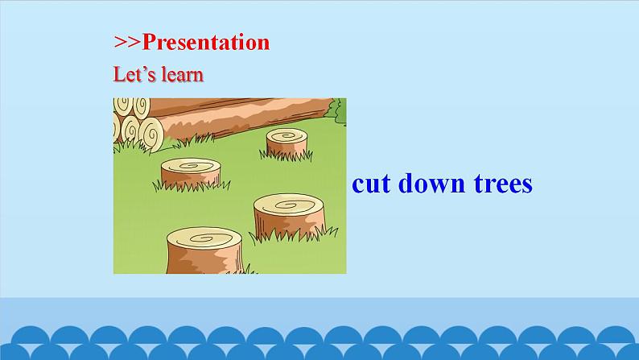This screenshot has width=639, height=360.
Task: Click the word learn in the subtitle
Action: click(x=181, y=75)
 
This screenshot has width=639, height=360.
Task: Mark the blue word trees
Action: click(x=503, y=184)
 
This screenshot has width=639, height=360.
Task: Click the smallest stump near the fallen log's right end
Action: click(x=287, y=143)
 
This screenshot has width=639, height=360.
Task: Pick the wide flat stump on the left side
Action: click(x=190, y=172)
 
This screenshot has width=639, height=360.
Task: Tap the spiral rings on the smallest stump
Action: click(x=287, y=134)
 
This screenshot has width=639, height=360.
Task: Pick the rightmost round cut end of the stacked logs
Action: click(x=150, y=132)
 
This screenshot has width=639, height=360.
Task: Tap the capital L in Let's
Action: click(x=118, y=75)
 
